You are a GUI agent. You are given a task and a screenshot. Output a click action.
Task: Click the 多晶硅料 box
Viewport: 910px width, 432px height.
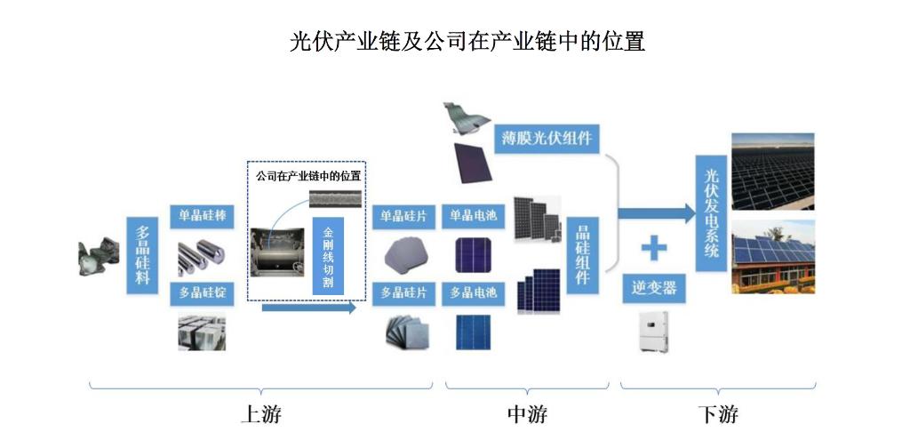(x=140, y=254)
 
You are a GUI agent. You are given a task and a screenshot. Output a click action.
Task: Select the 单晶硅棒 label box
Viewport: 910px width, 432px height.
(x=202, y=216)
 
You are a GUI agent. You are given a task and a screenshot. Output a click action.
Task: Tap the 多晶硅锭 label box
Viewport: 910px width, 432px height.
(x=202, y=292)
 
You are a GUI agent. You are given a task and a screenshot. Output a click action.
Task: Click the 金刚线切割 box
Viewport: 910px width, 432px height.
(x=327, y=254)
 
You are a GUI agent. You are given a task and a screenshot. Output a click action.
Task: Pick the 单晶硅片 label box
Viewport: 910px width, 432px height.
(x=403, y=216)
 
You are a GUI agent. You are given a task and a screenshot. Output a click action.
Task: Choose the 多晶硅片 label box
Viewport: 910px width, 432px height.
(x=403, y=292)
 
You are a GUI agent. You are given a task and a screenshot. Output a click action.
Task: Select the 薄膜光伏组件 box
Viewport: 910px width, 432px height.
(x=545, y=139)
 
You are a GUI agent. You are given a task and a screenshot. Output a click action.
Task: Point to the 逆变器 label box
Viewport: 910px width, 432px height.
(x=653, y=288)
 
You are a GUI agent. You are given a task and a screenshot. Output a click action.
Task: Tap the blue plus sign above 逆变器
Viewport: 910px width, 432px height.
(x=653, y=247)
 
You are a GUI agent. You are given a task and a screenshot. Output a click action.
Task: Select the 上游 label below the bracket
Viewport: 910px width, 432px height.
(x=266, y=414)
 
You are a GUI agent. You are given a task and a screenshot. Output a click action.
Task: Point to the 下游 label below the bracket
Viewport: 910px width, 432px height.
(x=718, y=414)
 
